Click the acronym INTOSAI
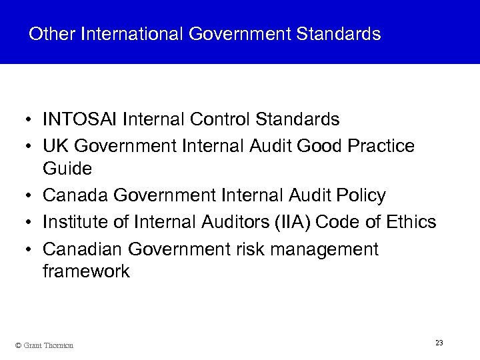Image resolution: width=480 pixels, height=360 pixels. click(x=80, y=120)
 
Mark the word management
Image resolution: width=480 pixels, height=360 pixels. click(x=327, y=249)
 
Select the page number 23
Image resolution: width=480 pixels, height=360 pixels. click(x=439, y=343)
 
